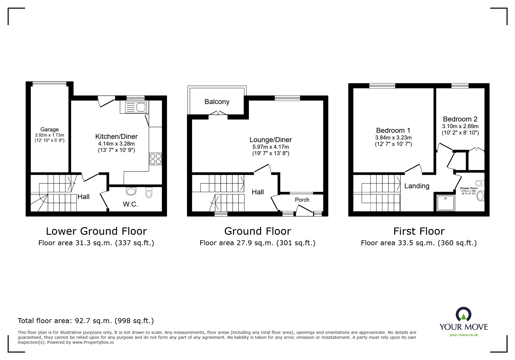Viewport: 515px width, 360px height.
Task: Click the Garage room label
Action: click(49, 130)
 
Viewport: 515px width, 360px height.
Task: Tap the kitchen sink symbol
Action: click(136, 108)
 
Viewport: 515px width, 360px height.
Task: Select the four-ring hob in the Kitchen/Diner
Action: click(156, 159)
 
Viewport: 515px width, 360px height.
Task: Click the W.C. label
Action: click(130, 204)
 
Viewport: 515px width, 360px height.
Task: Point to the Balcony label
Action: click(217, 102)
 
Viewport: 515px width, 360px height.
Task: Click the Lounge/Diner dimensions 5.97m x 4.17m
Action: click(270, 147)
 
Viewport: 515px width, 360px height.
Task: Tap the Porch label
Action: click(302, 200)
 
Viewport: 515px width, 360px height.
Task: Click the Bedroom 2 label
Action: click(460, 119)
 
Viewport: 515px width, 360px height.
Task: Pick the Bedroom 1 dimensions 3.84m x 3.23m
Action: click(393, 138)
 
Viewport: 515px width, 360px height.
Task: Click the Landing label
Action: click(417, 186)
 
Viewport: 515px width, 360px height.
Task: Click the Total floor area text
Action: click(86, 321)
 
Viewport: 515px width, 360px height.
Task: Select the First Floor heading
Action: click(419, 231)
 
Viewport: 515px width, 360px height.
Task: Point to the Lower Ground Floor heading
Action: click(96, 231)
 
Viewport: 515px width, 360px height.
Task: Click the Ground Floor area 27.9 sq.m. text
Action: click(257, 243)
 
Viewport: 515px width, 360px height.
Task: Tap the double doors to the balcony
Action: click(218, 113)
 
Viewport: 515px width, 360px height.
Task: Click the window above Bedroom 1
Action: click(382, 86)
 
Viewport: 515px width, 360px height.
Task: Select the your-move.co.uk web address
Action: click(464, 335)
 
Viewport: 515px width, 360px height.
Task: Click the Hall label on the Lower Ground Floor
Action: click(83, 197)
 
